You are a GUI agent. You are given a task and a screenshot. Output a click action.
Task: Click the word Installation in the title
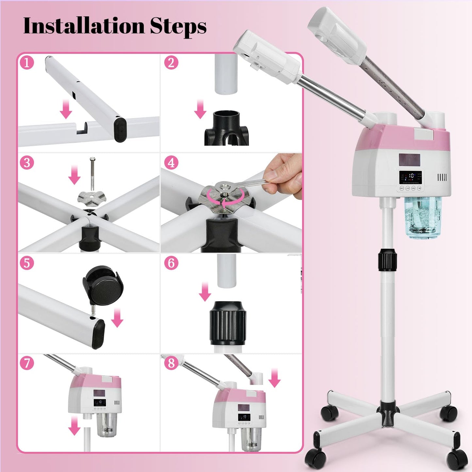[84, 26]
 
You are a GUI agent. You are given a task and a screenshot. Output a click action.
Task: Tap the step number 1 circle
[27, 62]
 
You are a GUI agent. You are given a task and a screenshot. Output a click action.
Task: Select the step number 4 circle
[171, 162]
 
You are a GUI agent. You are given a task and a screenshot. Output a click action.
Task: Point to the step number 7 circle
[27, 363]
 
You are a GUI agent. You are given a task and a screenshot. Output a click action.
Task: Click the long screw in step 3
[92, 173]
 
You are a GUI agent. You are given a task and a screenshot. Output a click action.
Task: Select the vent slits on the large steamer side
[442, 177]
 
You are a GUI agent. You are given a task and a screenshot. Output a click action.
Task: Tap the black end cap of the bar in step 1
[121, 129]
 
